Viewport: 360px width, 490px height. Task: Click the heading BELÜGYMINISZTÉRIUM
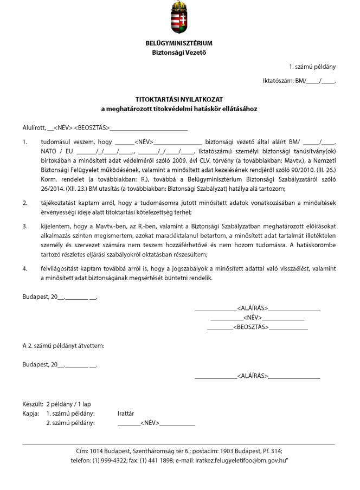179,43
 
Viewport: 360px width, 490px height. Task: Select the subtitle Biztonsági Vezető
179,53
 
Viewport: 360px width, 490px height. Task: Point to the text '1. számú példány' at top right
312,67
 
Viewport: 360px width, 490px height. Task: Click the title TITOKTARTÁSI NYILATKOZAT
179,99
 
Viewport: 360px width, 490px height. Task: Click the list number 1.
25,142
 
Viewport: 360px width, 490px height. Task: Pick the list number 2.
25,202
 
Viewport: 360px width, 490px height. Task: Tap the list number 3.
25,225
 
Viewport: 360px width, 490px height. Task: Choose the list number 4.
25,268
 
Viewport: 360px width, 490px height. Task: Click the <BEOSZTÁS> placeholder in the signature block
251,327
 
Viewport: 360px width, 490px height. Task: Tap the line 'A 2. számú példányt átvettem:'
63,346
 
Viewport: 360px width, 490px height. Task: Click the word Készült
33,404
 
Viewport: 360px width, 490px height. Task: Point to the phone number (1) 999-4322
110,460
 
